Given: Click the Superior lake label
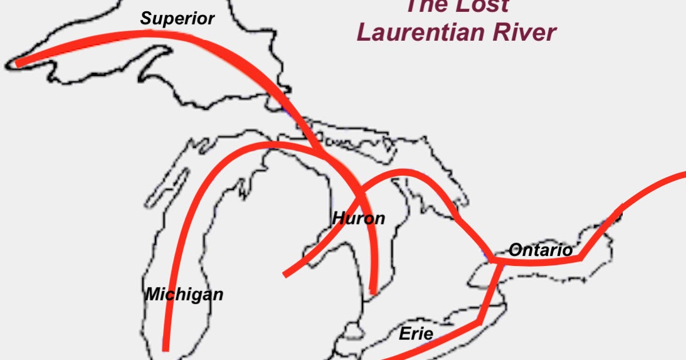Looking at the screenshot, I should (177, 19).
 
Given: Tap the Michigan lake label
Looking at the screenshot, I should (184, 294).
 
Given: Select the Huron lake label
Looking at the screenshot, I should (358, 219).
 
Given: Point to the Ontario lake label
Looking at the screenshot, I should (540, 250).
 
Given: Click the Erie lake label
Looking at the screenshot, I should (416, 334).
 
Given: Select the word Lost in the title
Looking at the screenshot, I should (480, 6).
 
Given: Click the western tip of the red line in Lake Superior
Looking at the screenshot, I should (18, 62).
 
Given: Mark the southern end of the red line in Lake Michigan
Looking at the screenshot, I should (166, 348).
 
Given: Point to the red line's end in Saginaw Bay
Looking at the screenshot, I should (286, 274).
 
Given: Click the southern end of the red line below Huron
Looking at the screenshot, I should (374, 291).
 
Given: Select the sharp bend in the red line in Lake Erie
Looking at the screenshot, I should (479, 322).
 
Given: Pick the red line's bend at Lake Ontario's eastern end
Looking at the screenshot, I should (581, 257).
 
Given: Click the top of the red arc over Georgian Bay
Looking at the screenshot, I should (401, 171).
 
